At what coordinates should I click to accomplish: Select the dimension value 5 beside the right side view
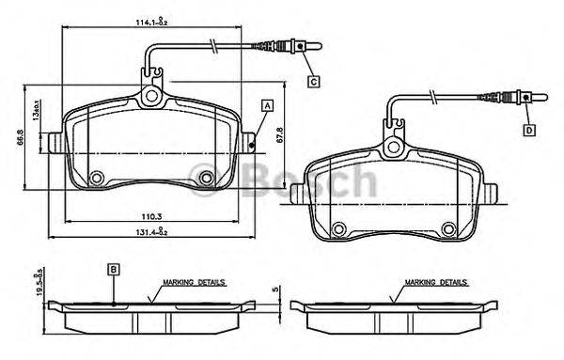[274, 290]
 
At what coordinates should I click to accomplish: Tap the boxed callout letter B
[113, 269]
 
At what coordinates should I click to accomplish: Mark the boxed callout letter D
[528, 129]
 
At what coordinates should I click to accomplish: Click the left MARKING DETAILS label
[194, 281]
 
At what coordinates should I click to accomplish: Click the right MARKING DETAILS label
[435, 281]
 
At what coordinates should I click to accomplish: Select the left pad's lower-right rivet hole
[207, 177]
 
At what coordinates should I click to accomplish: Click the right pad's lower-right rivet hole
[449, 226]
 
